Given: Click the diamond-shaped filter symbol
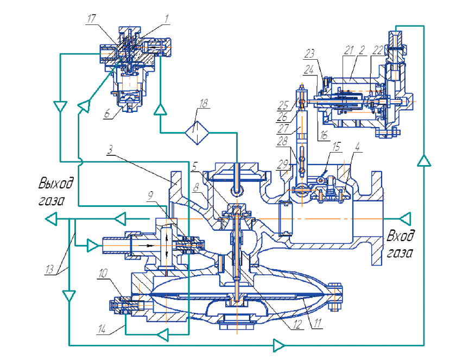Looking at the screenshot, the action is point(197,132).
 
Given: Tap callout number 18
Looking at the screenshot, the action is point(204,104).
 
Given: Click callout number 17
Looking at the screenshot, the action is point(91,19).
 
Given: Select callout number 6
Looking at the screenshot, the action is point(107,113).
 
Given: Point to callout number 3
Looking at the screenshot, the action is point(110,149).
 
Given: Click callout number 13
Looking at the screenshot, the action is point(49,269).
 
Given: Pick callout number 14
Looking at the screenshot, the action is point(103,329).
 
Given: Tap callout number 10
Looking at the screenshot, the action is point(103,273).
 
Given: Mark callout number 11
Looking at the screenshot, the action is point(317,323).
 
